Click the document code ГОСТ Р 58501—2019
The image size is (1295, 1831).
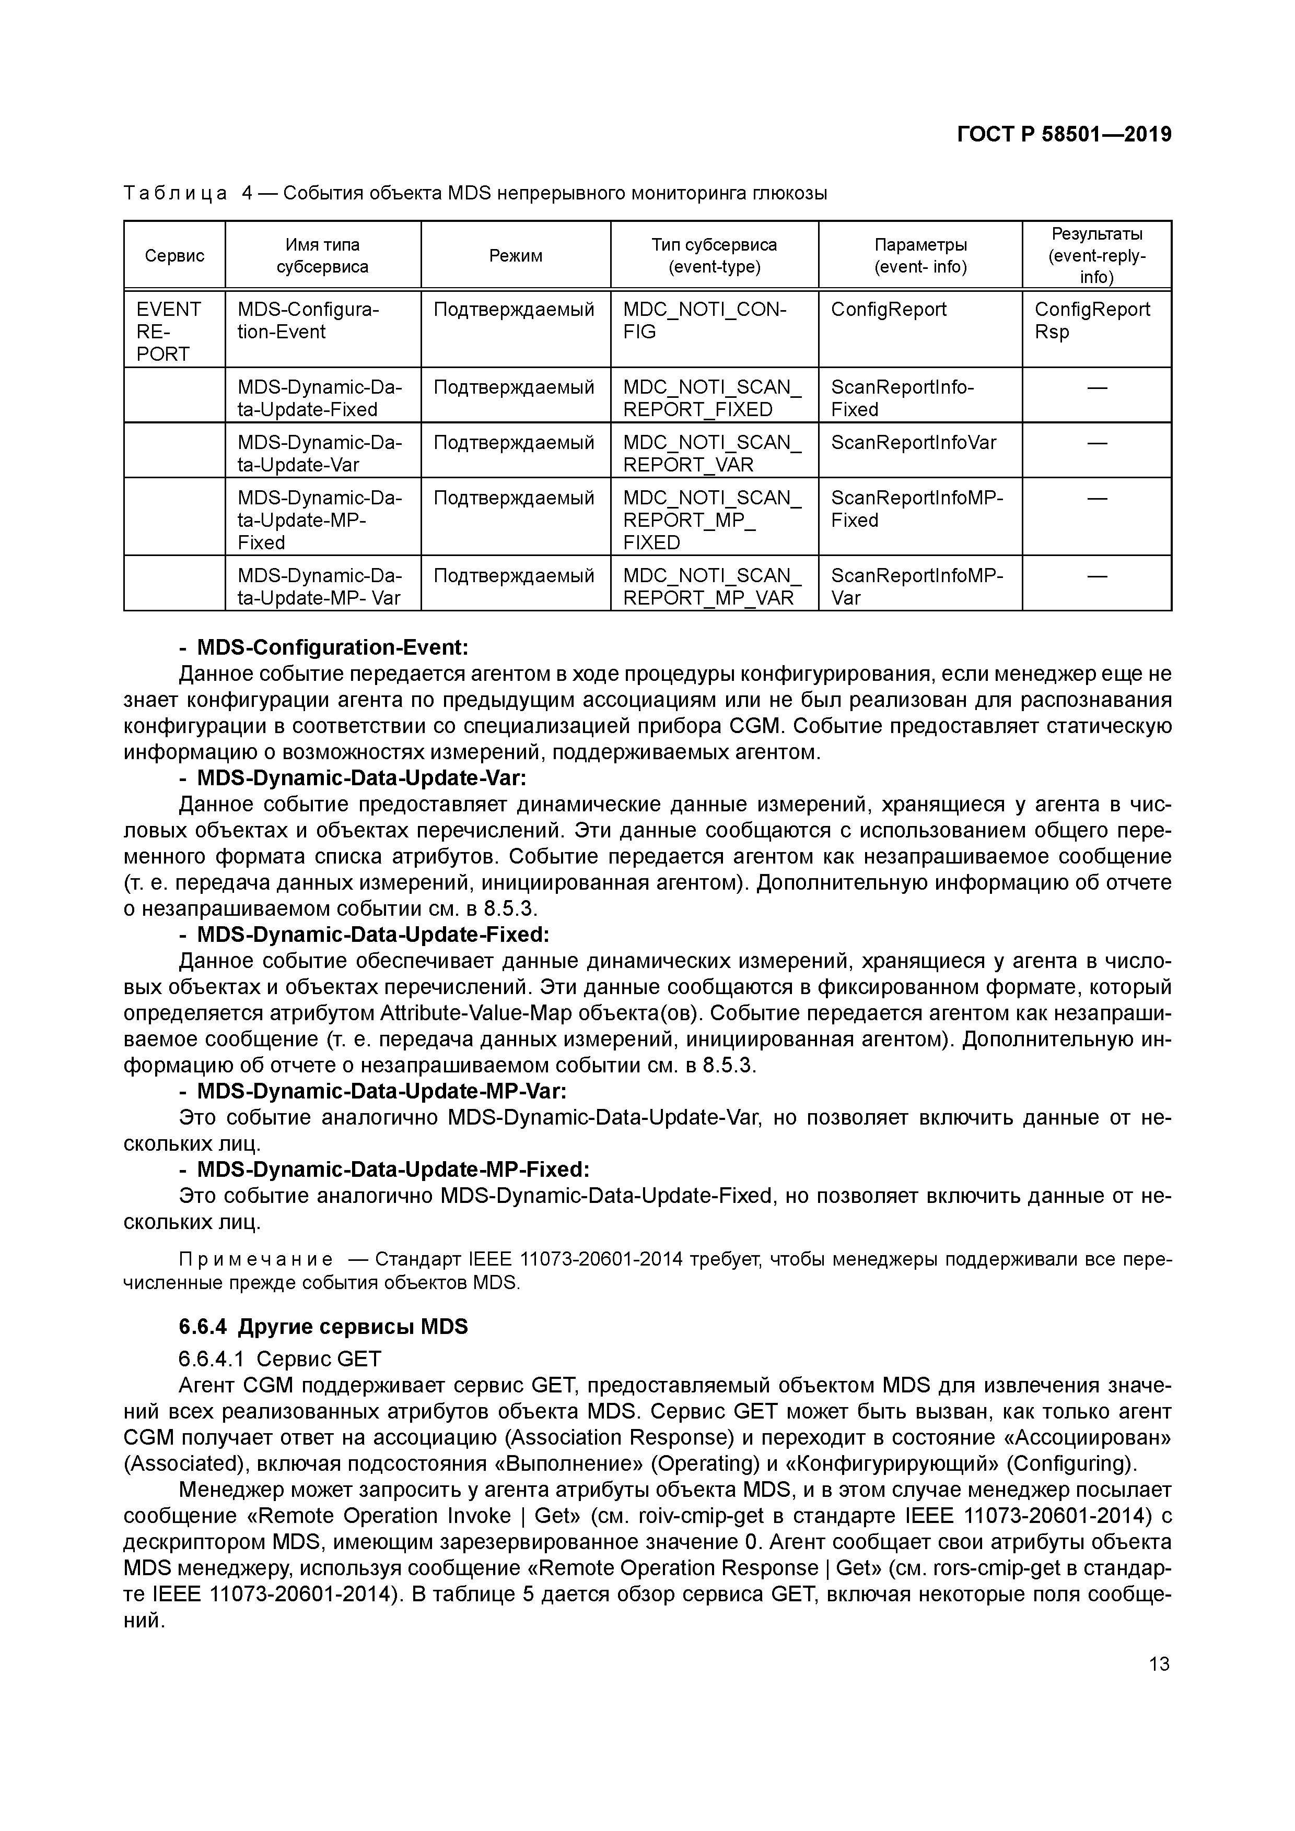(x=1064, y=135)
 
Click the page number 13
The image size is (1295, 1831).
(x=1159, y=1663)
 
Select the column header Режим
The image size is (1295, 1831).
(x=516, y=256)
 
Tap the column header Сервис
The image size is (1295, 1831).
(x=174, y=256)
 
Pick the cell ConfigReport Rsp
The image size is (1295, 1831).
(x=1092, y=321)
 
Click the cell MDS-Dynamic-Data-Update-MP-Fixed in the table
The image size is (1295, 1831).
(x=319, y=520)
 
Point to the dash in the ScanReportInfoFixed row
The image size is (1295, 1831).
(x=1097, y=387)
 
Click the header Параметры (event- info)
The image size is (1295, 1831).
(x=920, y=256)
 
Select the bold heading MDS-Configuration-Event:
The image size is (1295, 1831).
(x=332, y=647)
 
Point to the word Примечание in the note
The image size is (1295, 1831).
(x=256, y=1260)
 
